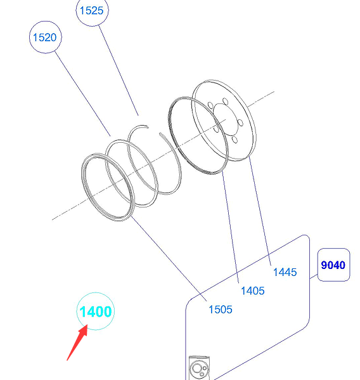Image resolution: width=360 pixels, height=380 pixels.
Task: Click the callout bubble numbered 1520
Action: tap(45, 37)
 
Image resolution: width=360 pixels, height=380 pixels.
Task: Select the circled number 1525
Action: tap(92, 10)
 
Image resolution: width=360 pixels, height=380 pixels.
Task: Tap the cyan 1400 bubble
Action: tap(95, 311)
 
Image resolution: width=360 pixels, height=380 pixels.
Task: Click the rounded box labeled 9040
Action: tap(333, 265)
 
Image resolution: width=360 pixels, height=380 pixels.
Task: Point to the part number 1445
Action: tap(285, 272)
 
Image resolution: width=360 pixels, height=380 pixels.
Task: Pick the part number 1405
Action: tap(253, 291)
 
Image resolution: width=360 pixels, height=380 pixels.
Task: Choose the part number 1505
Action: tap(221, 310)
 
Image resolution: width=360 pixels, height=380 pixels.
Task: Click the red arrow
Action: tap(77, 343)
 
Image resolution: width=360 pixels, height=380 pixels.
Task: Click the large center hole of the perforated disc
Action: tap(224, 119)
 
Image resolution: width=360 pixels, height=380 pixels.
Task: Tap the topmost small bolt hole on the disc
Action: tap(225, 101)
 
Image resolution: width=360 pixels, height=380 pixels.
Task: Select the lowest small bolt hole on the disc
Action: tap(235, 140)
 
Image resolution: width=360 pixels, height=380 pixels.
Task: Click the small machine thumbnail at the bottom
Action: tap(199, 368)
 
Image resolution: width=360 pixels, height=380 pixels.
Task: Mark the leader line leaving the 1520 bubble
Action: tap(82, 93)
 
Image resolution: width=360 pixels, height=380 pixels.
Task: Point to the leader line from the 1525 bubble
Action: tap(119, 70)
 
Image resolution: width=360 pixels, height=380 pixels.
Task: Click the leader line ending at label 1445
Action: tap(260, 211)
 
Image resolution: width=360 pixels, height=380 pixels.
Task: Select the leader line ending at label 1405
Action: tap(230, 227)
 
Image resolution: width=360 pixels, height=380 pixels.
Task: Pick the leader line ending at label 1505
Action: tap(169, 259)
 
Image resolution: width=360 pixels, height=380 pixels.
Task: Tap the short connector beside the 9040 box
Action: tap(314, 276)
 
